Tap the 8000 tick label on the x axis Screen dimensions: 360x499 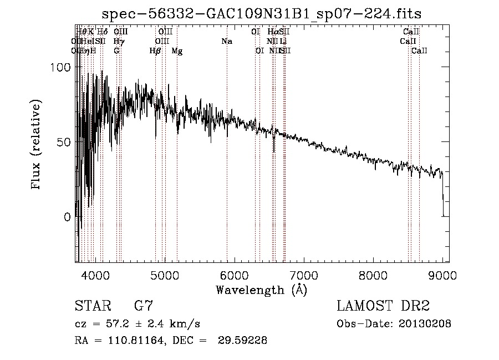click(x=373, y=276)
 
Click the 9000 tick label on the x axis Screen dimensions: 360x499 click(x=442, y=276)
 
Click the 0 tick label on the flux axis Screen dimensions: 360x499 click(x=67, y=217)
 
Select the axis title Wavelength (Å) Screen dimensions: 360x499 click(x=261, y=290)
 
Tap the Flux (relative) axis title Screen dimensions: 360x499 click(x=37, y=145)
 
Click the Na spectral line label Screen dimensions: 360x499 click(x=226, y=41)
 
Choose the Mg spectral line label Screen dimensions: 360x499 click(x=177, y=51)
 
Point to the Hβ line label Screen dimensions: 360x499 click(x=155, y=51)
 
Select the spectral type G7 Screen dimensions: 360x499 click(x=144, y=306)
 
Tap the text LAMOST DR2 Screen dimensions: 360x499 click(x=383, y=306)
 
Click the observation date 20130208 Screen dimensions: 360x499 click(x=424, y=324)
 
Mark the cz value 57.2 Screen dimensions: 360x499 click(x=119, y=324)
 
